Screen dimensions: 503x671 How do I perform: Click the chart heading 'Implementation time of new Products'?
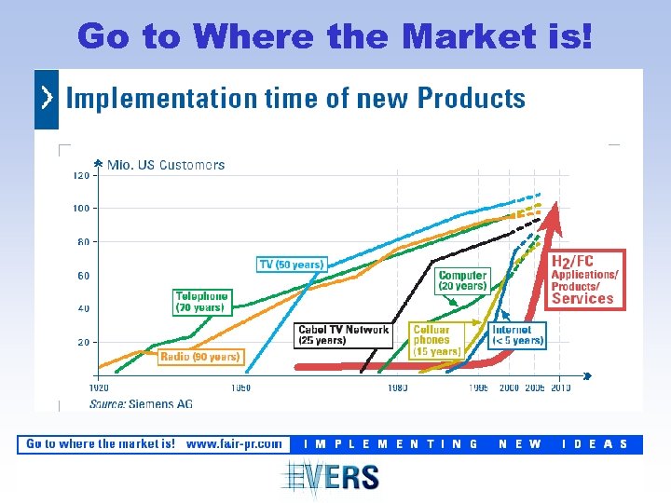click(294, 98)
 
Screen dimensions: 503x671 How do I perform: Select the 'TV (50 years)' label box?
click(291, 265)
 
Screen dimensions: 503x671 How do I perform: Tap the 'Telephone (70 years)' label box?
click(201, 302)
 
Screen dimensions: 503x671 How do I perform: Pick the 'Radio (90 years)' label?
click(200, 356)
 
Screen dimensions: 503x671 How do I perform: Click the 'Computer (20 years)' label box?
click(462, 280)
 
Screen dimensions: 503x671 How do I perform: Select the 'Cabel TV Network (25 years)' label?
click(343, 335)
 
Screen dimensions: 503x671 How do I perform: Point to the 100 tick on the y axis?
click(82, 208)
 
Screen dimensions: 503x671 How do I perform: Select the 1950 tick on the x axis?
click(240, 387)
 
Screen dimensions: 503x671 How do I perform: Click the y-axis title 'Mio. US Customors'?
click(166, 165)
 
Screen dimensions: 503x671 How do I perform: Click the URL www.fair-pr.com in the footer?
click(234, 444)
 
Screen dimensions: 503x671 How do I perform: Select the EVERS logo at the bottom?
click(333, 477)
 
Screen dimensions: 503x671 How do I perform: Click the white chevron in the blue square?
click(47, 98)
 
